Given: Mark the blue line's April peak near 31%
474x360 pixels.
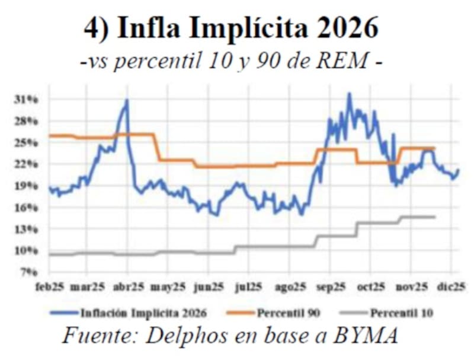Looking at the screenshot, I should [x=126, y=101].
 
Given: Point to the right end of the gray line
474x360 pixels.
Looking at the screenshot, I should [x=434, y=217].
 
